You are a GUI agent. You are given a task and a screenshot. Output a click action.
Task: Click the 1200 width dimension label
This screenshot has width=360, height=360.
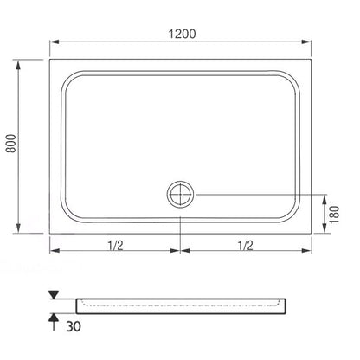coord(182,34)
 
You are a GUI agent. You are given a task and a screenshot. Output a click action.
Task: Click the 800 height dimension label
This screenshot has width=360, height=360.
coord(11,144)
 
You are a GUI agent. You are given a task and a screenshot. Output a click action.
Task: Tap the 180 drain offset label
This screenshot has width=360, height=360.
coord(334,215)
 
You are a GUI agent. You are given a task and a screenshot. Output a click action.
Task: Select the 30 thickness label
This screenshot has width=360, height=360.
coord(74,326)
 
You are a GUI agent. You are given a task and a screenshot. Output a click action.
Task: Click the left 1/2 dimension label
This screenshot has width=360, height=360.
coord(115,246)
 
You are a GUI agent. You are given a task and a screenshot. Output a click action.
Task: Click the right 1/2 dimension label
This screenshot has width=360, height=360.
coord(246,246)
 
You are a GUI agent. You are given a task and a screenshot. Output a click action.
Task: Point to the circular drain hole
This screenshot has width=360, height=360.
coord(180,194)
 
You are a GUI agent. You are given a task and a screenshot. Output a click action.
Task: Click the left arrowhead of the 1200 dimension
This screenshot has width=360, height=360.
coord(55,42)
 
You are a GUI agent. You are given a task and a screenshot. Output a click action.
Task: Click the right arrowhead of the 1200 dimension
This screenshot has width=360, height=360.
coord(306,42)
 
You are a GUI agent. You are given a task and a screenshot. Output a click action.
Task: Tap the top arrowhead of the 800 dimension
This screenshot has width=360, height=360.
coord(18,65)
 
